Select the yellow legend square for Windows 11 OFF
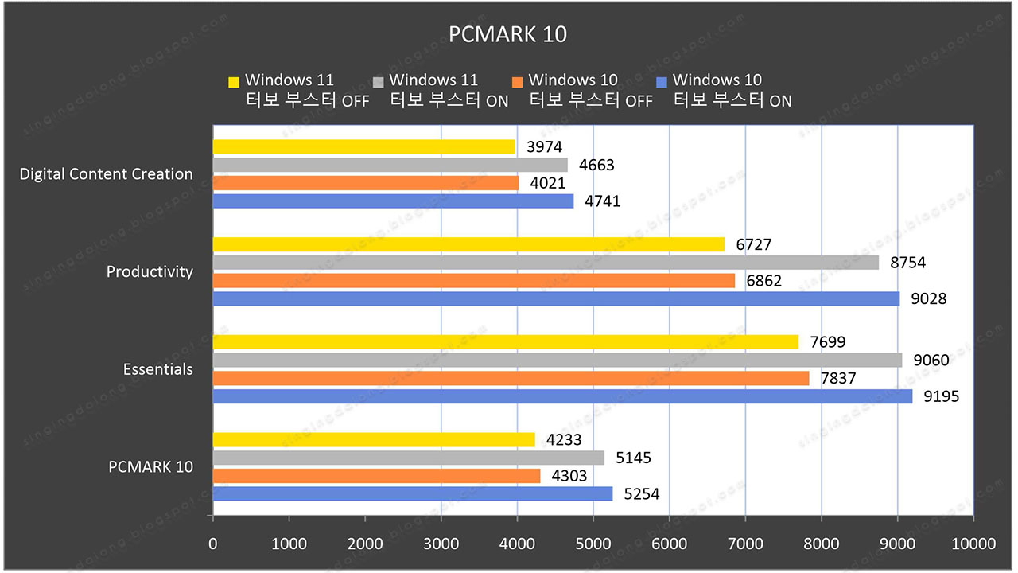[x=234, y=81]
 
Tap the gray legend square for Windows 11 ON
[x=378, y=81]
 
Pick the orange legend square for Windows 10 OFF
[x=518, y=81]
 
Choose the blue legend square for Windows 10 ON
[x=662, y=81]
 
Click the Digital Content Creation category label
[x=106, y=174]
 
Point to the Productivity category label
[x=150, y=272]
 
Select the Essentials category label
[x=157, y=370]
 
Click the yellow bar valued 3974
[x=363, y=146]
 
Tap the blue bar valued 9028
[x=556, y=298]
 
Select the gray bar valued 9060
[x=557, y=361]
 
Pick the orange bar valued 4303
[x=376, y=476]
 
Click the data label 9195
[x=941, y=396]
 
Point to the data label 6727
[x=753, y=244]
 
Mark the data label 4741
[x=602, y=201]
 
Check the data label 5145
[x=633, y=458]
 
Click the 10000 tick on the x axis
[x=973, y=544]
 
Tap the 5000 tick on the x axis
[x=593, y=544]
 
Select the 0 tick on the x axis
[x=212, y=544]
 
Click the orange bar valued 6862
[x=473, y=280]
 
